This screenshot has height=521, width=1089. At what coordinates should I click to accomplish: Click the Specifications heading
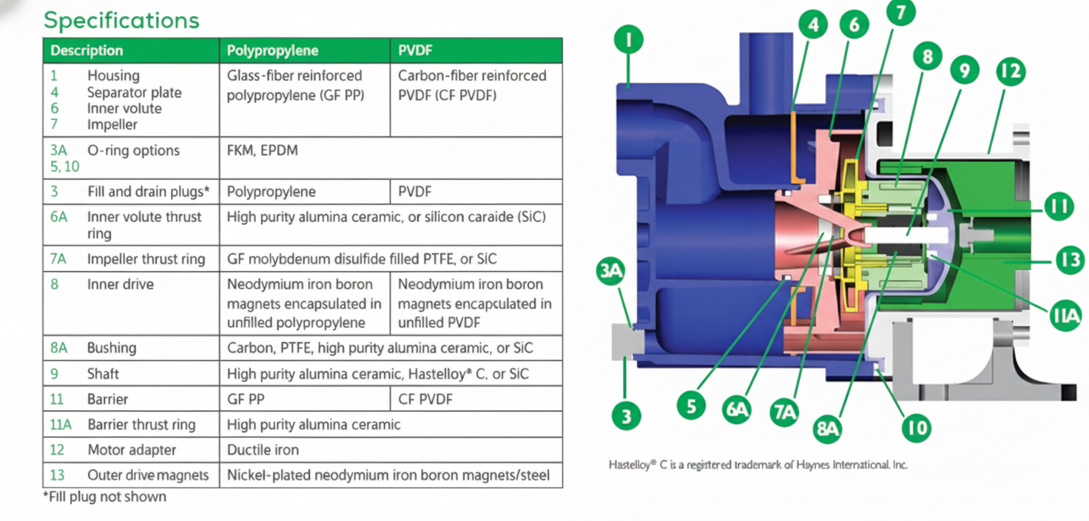pyautogui.click(x=121, y=20)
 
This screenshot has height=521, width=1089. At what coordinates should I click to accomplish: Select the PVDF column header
pyautogui.click(x=415, y=51)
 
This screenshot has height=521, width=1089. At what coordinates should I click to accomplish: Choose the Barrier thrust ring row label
pyautogui.click(x=141, y=425)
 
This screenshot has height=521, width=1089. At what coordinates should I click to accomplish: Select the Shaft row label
pyautogui.click(x=103, y=374)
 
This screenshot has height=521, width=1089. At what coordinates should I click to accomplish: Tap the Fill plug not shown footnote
pyautogui.click(x=104, y=497)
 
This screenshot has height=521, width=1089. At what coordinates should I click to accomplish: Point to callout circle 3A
pyautogui.click(x=610, y=272)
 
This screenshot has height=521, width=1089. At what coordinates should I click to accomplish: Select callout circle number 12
pyautogui.click(x=1010, y=72)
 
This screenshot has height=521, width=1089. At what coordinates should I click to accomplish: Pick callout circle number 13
pyautogui.click(x=1069, y=260)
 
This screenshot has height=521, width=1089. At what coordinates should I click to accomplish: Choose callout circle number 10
pyautogui.click(x=915, y=427)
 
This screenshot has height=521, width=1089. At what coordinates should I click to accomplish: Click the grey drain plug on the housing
pyautogui.click(x=628, y=341)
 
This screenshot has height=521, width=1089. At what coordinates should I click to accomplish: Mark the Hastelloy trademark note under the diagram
pyautogui.click(x=758, y=465)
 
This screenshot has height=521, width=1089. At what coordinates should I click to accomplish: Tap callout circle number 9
pyautogui.click(x=964, y=71)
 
